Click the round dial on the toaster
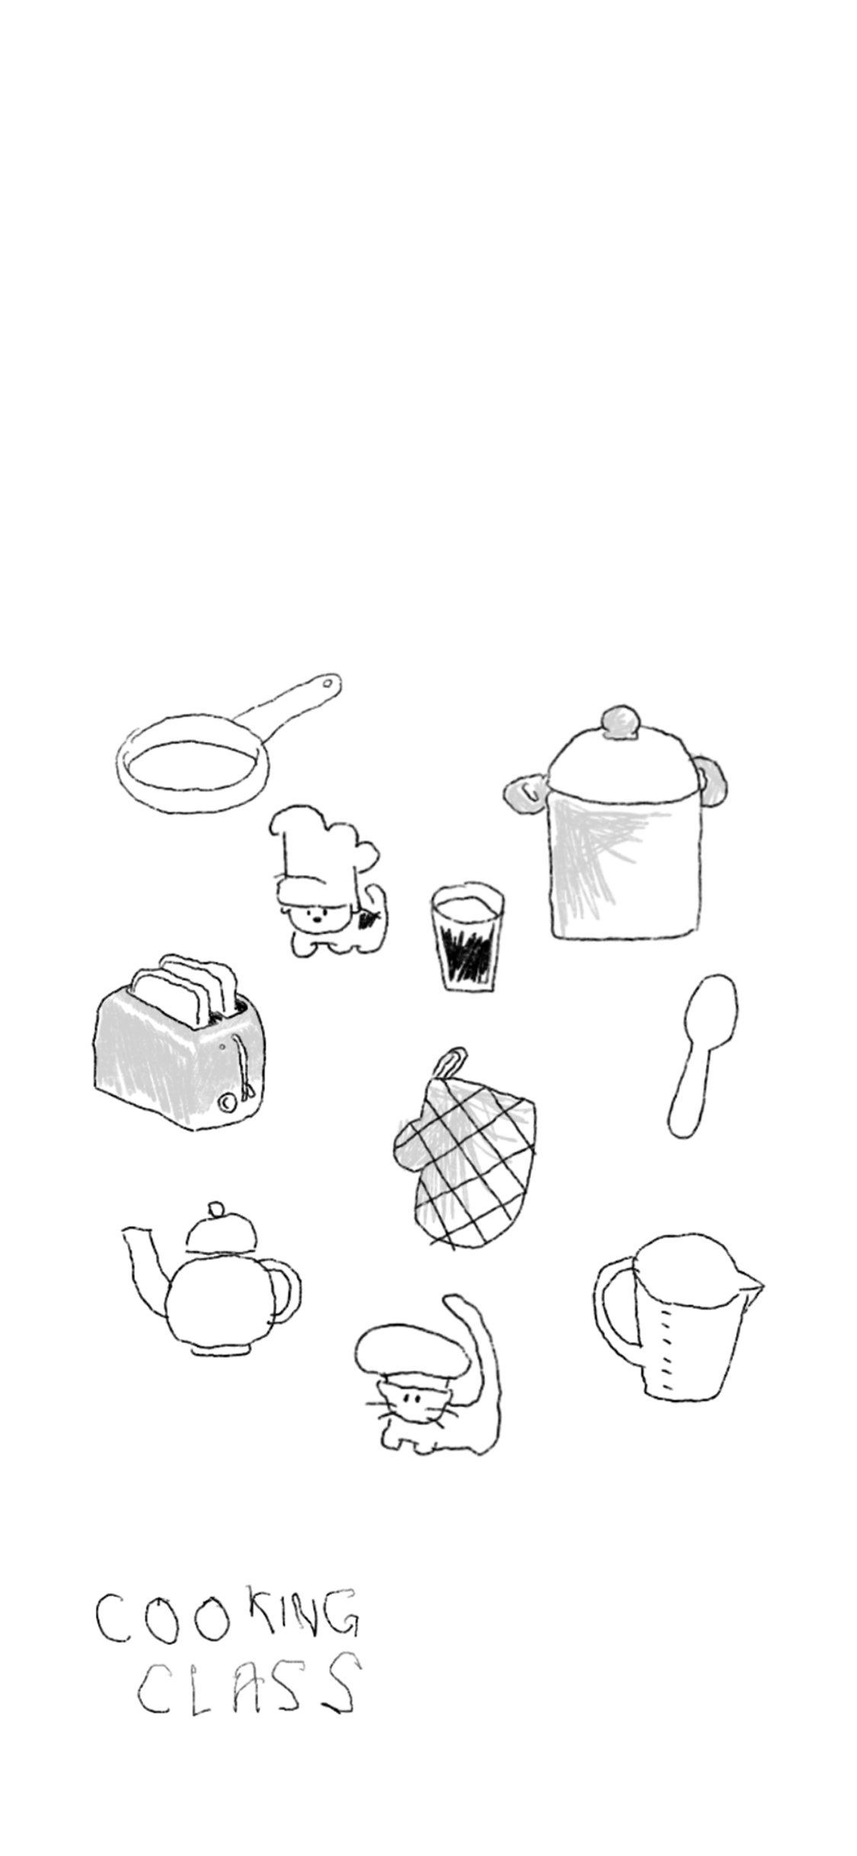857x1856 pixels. (x=226, y=1102)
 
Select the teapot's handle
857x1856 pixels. (x=288, y=1291)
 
